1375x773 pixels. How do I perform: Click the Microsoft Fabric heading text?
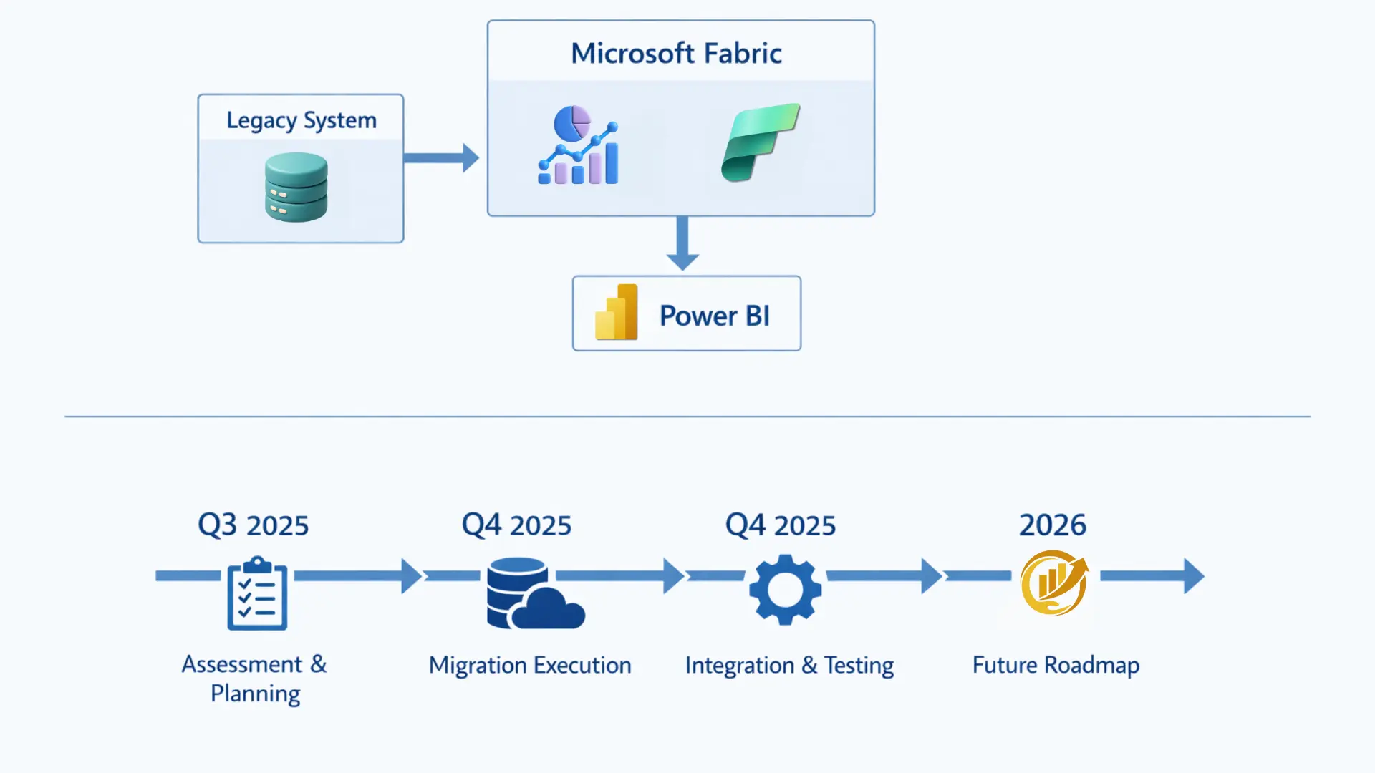click(x=676, y=54)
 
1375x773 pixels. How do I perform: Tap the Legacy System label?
click(x=301, y=120)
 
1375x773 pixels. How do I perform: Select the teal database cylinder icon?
click(x=296, y=188)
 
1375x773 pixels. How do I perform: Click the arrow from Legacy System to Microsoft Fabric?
click(x=441, y=158)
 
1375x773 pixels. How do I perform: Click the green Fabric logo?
click(x=760, y=142)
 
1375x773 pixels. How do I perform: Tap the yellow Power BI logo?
click(x=617, y=313)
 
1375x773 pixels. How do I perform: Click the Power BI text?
click(x=714, y=316)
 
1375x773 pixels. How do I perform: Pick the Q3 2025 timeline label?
click(x=253, y=525)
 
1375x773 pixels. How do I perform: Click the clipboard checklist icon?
click(x=257, y=593)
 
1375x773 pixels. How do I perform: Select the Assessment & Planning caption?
click(x=254, y=679)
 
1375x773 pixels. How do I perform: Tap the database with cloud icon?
click(x=534, y=594)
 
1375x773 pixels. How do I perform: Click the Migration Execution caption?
click(x=530, y=666)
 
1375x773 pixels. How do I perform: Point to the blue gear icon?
click(x=785, y=589)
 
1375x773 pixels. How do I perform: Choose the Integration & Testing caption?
click(x=789, y=666)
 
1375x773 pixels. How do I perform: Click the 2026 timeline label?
click(x=1052, y=525)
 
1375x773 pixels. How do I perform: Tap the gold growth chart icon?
click(x=1053, y=583)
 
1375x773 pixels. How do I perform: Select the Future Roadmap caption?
click(x=1056, y=666)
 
